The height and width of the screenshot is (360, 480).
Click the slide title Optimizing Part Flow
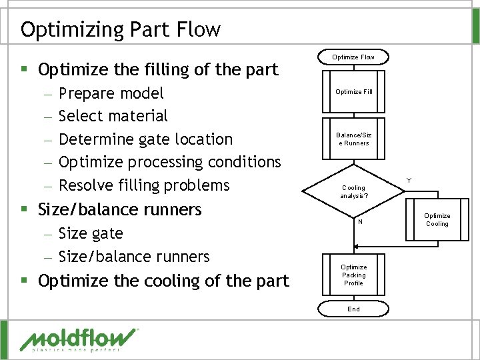coord(120,29)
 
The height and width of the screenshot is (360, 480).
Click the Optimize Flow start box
coord(353,57)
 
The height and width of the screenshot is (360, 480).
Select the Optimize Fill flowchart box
coord(353,91)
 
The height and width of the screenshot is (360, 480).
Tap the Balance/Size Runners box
coord(353,139)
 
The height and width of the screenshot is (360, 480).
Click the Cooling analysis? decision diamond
coord(353,192)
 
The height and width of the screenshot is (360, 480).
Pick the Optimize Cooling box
coord(437,219)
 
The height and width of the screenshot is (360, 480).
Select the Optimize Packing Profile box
coord(353,275)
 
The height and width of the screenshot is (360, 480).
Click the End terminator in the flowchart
coord(353,309)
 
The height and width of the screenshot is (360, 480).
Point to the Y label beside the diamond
coord(409,180)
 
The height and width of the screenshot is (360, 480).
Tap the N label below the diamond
coord(360,222)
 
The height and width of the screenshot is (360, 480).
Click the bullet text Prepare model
coord(111,93)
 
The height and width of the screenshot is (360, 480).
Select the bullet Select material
coord(113,116)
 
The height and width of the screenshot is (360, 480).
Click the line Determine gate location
coord(145,139)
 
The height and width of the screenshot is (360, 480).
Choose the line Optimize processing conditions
coord(169,162)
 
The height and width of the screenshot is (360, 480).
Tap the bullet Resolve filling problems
coord(144,185)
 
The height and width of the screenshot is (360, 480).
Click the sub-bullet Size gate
coord(91,233)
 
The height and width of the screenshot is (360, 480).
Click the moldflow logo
coord(79,339)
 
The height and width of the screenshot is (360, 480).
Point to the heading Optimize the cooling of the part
coord(163,281)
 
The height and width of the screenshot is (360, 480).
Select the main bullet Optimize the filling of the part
coord(158,69)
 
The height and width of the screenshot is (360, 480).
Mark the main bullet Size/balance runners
coord(120,209)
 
